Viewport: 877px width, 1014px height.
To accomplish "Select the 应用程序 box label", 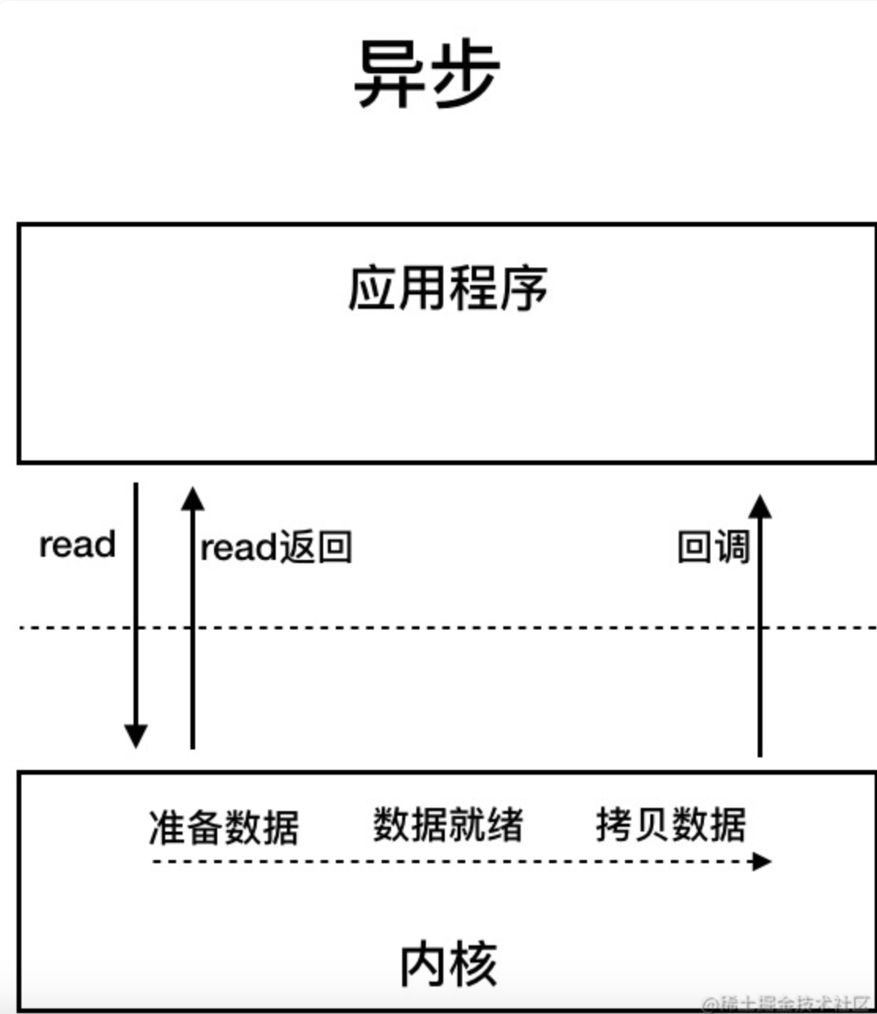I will tap(447, 288).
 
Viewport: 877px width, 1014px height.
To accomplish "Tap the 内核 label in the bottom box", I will tap(448, 963).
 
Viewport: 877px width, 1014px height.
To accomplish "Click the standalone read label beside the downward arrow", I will tap(77, 545).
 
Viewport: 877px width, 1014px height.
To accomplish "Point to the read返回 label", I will tap(276, 547).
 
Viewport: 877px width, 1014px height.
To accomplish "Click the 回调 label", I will tap(713, 547).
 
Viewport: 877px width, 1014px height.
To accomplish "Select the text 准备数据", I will tap(224, 827).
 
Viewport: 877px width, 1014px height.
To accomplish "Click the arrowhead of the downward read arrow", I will tap(136, 736).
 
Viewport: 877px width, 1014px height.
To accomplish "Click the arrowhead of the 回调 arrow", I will tap(760, 505).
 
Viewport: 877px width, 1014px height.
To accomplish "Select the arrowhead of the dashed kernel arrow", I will tap(762, 861).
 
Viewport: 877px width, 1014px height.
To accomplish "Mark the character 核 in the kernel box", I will tap(473, 963).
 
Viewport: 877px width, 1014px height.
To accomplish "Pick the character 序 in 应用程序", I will tap(523, 288).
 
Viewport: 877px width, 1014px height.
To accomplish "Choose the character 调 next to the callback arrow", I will tap(732, 547).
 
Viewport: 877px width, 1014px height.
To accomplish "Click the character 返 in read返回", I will tap(298, 547).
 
